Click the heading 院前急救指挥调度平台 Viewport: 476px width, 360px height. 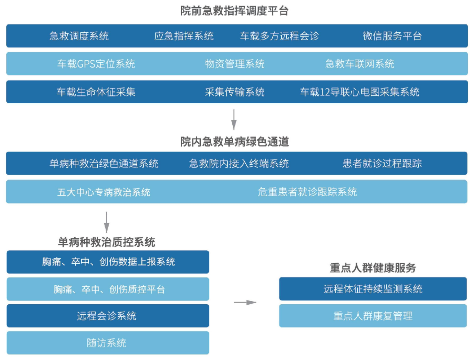click(x=234, y=11)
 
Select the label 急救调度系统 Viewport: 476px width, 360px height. click(x=79, y=36)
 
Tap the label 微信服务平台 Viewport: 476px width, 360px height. click(x=392, y=36)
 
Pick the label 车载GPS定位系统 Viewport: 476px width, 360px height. click(x=96, y=64)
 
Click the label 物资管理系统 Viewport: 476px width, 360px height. click(x=234, y=64)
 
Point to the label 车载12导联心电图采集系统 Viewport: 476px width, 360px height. click(x=360, y=92)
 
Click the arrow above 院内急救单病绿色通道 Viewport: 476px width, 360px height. click(x=234, y=119)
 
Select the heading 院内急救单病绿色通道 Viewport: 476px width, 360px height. click(x=234, y=142)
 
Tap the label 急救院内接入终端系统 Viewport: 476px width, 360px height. click(x=239, y=164)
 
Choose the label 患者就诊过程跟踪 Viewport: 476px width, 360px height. click(x=382, y=164)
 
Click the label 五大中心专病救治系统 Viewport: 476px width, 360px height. click(x=104, y=192)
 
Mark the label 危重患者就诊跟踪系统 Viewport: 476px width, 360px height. click(x=307, y=192)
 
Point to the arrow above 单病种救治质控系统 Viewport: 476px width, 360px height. click(x=107, y=222)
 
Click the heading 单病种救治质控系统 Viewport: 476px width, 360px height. click(x=107, y=242)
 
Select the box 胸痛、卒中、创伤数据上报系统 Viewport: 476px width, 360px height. click(x=108, y=262)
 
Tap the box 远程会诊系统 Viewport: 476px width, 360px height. click(x=108, y=316)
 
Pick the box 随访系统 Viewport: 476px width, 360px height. click(x=108, y=343)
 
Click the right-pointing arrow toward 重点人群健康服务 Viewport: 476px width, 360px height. click(x=246, y=302)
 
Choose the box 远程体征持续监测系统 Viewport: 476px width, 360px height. click(x=373, y=289)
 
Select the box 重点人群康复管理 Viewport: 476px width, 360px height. click(x=373, y=316)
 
